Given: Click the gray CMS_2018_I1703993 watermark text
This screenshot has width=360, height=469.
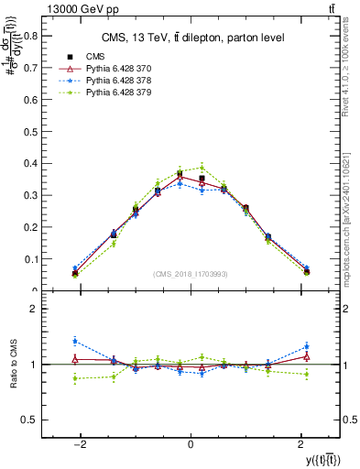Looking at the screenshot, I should tap(190, 274).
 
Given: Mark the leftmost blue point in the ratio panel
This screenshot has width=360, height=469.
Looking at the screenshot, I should tap(75, 341).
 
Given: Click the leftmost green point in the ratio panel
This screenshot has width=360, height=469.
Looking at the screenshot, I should tap(75, 378).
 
